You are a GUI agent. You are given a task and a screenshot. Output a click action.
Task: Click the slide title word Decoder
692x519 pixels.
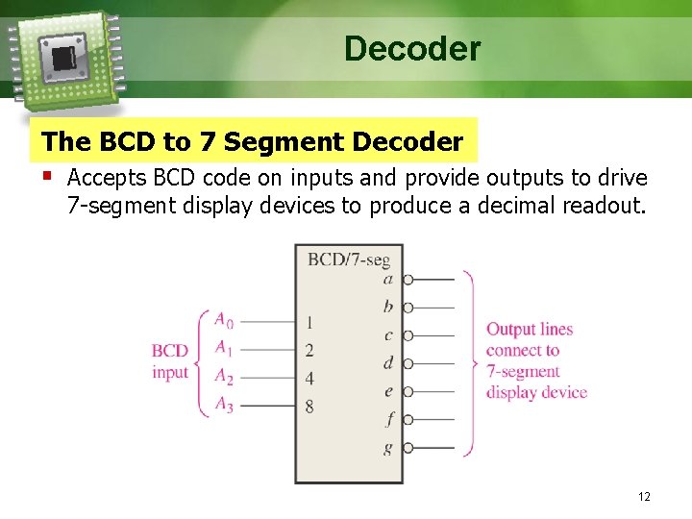[x=412, y=48]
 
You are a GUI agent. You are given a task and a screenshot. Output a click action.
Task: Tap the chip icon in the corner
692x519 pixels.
[x=64, y=56]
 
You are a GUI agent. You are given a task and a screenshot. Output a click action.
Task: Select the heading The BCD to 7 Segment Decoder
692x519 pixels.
[x=253, y=142]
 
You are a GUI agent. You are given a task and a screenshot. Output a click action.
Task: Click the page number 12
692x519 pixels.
[x=644, y=497]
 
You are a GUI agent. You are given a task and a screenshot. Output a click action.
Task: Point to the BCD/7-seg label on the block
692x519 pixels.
[x=348, y=259]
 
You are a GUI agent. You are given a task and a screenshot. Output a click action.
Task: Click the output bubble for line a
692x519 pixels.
[x=408, y=280]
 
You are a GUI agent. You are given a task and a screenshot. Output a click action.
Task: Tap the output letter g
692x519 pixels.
[x=388, y=447]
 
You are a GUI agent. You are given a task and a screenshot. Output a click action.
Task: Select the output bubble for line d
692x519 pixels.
[x=408, y=363]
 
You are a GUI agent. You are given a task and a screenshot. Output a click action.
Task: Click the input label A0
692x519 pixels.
[x=223, y=319]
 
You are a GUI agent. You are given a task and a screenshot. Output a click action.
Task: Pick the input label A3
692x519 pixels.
[x=223, y=405]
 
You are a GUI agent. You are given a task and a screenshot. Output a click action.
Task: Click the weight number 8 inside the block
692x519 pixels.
[x=309, y=407]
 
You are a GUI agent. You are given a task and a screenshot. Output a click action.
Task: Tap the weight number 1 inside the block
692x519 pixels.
[x=309, y=322]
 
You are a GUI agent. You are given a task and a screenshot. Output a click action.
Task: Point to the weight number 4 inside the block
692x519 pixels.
[x=309, y=379]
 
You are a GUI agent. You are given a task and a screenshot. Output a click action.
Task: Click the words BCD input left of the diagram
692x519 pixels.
[x=170, y=361]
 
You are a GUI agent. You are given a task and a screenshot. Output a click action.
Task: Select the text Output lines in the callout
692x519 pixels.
[x=529, y=330]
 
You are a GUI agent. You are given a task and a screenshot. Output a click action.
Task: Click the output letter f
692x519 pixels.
[x=389, y=419]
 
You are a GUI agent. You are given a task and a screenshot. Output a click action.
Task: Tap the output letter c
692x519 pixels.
[x=388, y=335]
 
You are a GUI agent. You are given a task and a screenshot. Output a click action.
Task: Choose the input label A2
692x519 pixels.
[x=223, y=376]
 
